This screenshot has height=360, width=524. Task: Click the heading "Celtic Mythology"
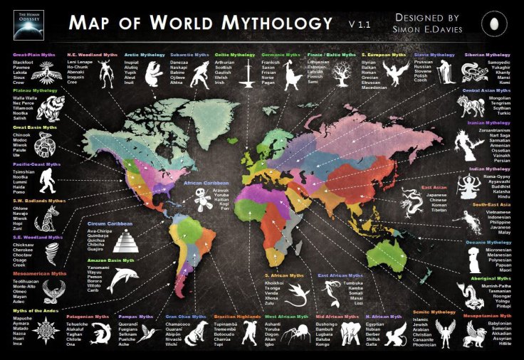pos(236,55)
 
